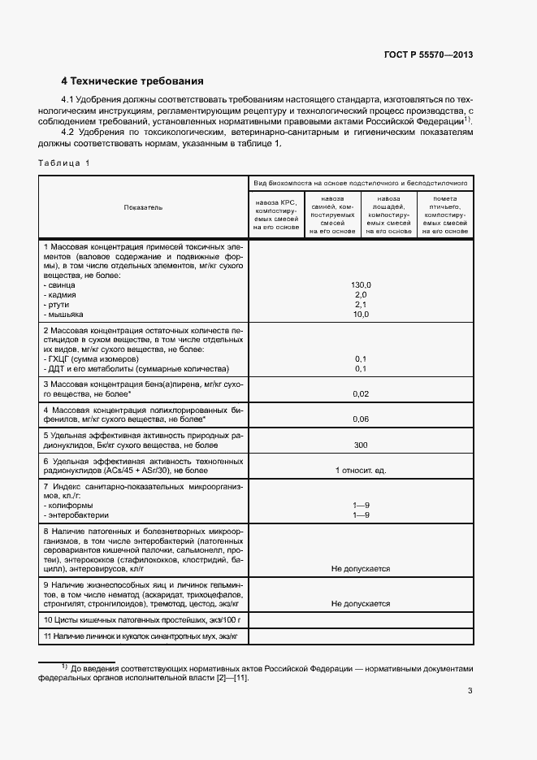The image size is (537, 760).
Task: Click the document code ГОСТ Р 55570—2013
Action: pos(428,55)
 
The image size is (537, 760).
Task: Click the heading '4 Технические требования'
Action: pos(132,81)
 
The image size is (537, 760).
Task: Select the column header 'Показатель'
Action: pos(143,207)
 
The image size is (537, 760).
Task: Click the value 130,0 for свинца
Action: pos(361,284)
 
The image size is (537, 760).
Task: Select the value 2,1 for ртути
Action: pos(361,304)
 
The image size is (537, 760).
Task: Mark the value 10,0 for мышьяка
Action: pos(361,314)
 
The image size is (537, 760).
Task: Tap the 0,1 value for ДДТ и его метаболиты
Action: pos(361,368)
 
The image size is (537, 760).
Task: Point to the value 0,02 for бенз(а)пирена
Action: pos(361,393)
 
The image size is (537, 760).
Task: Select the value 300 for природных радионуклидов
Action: pos(361,445)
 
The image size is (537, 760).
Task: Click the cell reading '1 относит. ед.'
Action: pos(361,470)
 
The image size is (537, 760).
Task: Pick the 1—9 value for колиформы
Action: pos(361,505)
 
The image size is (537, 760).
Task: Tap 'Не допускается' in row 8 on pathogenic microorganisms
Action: pos(361,569)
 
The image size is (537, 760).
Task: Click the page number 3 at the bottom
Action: pos(470,691)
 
